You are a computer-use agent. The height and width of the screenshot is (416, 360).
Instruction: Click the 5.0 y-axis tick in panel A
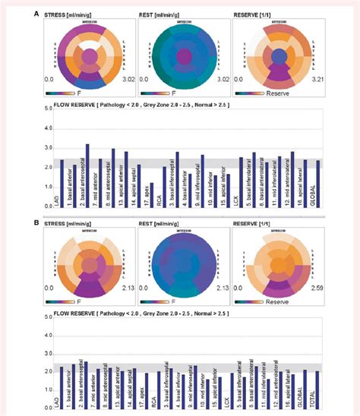point(48,109)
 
